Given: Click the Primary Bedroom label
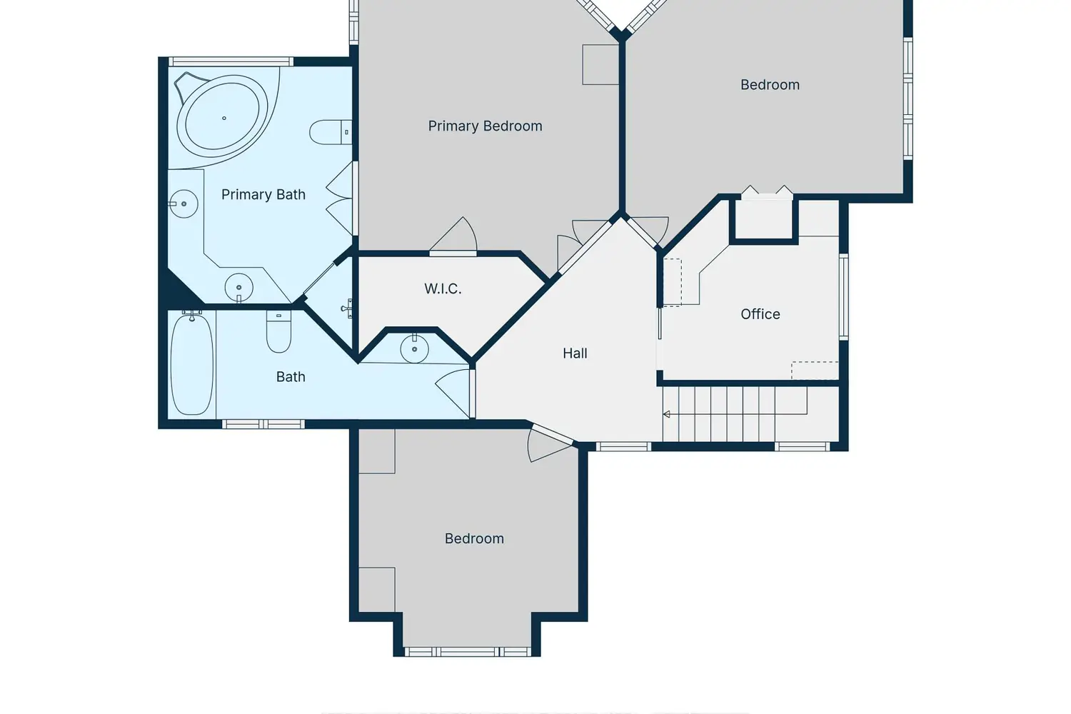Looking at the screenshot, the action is click(x=485, y=126).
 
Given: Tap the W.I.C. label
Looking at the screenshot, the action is click(x=443, y=289).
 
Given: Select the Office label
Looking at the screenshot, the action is click(x=760, y=314).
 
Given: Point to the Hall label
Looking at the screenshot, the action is click(x=575, y=353).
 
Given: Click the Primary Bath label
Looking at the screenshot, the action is click(x=263, y=195).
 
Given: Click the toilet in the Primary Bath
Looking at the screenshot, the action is click(x=331, y=132).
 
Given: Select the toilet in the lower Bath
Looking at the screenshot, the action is click(x=278, y=331).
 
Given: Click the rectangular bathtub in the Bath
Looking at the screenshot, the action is click(x=192, y=364).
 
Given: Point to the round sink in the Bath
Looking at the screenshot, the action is click(x=414, y=349).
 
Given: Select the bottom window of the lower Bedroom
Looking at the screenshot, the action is click(x=468, y=652).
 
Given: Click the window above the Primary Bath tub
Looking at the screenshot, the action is click(x=231, y=61).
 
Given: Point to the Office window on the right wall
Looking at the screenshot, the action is click(x=844, y=297).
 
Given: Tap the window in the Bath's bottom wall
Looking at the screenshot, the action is click(x=263, y=424).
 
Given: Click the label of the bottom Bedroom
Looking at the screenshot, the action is click(x=474, y=539).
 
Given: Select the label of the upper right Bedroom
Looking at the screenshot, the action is click(x=770, y=85).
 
